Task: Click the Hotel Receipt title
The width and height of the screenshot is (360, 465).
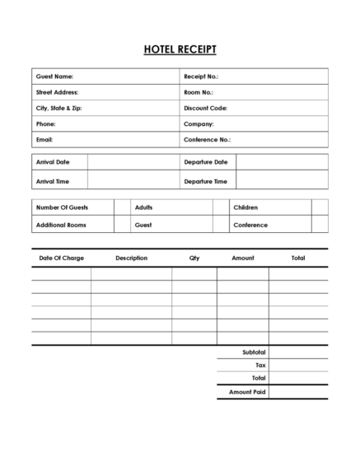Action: point(180,49)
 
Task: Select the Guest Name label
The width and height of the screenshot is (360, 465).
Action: point(54,77)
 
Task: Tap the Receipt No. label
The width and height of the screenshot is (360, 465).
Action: point(201,77)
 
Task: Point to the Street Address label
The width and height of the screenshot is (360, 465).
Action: point(57,92)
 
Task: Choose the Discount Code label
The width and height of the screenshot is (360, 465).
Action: point(206,108)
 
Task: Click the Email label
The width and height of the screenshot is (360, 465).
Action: point(44,140)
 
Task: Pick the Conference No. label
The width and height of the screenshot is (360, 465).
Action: point(208,140)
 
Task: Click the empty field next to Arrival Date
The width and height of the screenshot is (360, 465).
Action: point(133,162)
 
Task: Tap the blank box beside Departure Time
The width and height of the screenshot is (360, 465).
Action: point(282,181)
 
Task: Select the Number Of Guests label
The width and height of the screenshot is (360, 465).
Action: point(62,207)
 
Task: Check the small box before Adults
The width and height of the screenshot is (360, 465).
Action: point(122,207)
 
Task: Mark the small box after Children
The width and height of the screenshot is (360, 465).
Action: point(320,207)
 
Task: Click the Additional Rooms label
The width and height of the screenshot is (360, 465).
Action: point(61,225)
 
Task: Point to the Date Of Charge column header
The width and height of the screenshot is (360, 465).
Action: point(62,258)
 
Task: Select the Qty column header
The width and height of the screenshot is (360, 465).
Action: point(194,258)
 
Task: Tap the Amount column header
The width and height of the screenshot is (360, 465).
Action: point(243,258)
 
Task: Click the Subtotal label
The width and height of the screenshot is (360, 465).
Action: point(254,351)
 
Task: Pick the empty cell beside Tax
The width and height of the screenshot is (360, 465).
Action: point(298,365)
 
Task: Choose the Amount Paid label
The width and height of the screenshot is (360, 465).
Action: point(247,393)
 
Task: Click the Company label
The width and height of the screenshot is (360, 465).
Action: point(199,124)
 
